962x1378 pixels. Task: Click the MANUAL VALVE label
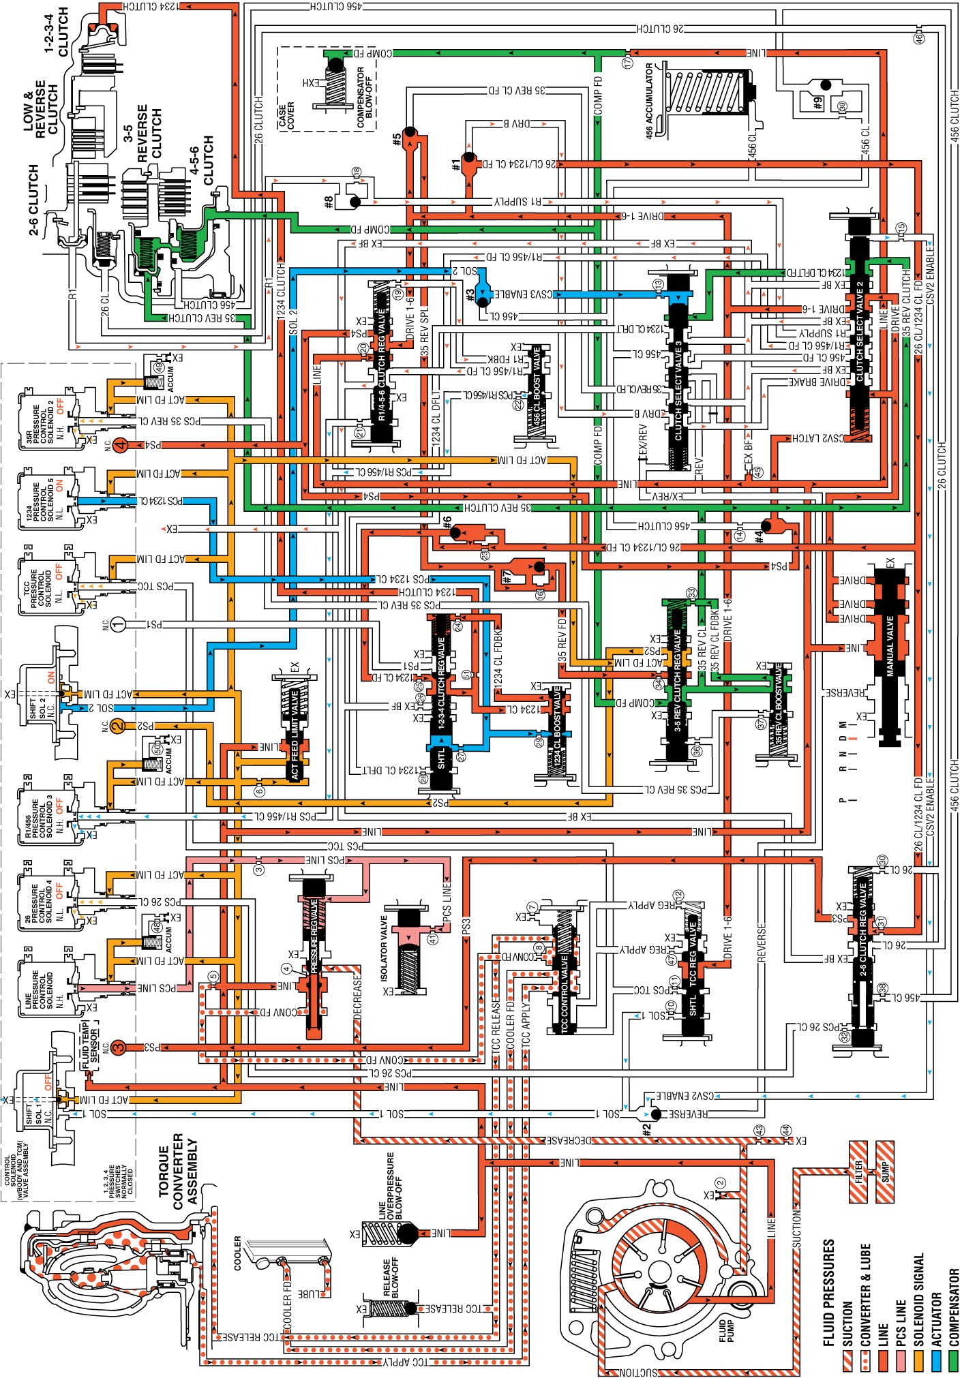(x=889, y=645)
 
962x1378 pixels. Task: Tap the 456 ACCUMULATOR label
(x=648, y=101)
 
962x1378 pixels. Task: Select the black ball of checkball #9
(x=826, y=85)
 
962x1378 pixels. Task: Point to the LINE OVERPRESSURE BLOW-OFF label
(x=390, y=1185)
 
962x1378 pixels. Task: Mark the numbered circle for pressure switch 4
(x=121, y=446)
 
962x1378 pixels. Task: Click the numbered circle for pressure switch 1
(x=118, y=624)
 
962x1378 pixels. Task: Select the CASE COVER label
(x=286, y=116)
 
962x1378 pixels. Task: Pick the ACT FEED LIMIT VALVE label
(x=295, y=733)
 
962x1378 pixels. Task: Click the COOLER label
(x=237, y=1253)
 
